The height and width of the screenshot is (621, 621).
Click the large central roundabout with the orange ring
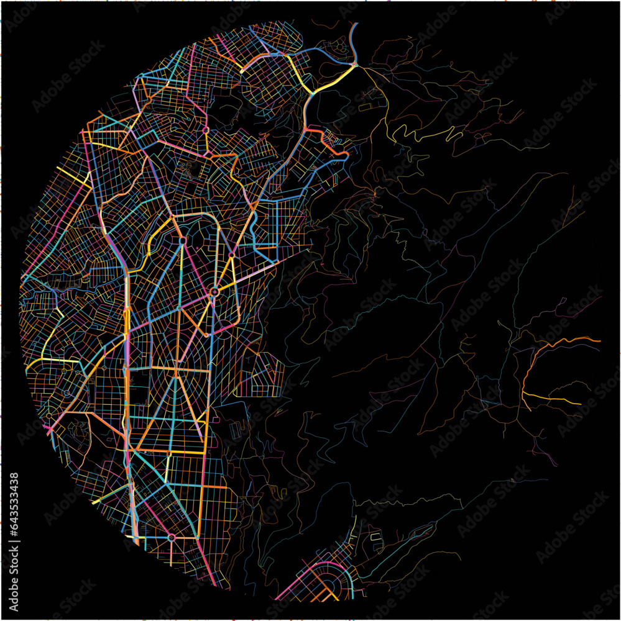point(214,291)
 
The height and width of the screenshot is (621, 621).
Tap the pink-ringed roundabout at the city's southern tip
point(172,537)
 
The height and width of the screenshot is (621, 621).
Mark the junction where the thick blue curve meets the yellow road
point(355,64)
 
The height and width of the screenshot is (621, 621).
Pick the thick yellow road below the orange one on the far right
point(553,399)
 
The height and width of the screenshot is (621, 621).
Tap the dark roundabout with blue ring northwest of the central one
point(183,238)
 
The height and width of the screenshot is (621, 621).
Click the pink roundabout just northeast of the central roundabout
point(231,255)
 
